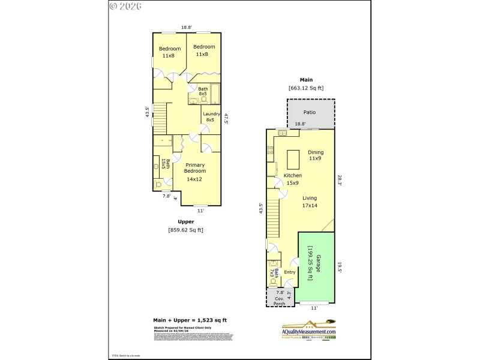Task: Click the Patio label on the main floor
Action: point(310,112)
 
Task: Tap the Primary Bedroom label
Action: point(195,172)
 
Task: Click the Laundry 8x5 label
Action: point(211,117)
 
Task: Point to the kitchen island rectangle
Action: point(293,160)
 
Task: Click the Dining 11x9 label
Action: point(316,155)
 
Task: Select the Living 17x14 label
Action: point(310,202)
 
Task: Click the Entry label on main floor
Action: point(290,272)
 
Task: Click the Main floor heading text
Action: point(307,79)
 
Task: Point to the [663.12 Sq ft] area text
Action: point(306,88)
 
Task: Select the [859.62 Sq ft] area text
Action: point(186,230)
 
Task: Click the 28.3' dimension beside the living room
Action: point(340,180)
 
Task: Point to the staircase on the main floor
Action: point(273,219)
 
